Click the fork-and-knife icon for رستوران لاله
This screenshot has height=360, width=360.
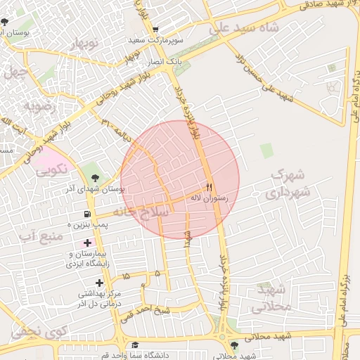(208, 187)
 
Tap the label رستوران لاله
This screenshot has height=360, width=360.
(209, 198)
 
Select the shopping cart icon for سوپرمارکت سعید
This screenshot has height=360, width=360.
(155, 30)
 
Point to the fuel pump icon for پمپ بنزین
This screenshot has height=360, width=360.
(87, 214)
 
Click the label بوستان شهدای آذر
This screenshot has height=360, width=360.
(96, 188)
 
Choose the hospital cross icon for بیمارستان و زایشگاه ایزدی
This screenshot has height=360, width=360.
(87, 243)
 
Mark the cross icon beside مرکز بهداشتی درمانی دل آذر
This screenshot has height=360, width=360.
(88, 283)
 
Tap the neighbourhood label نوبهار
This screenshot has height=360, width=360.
(82, 44)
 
